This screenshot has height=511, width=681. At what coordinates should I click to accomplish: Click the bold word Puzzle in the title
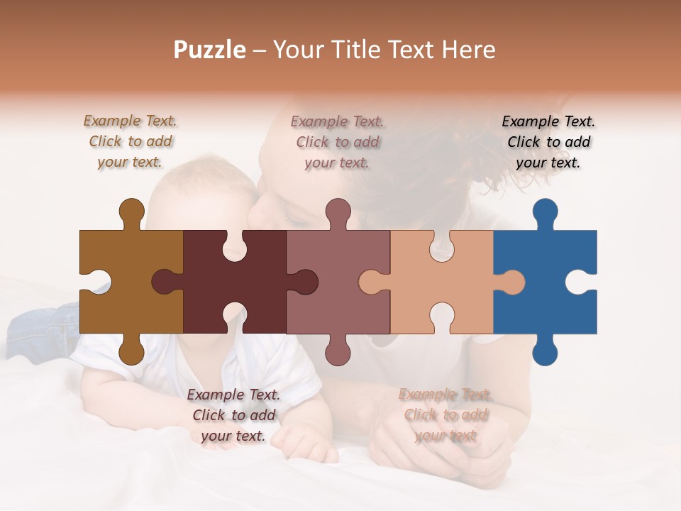click(x=210, y=50)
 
